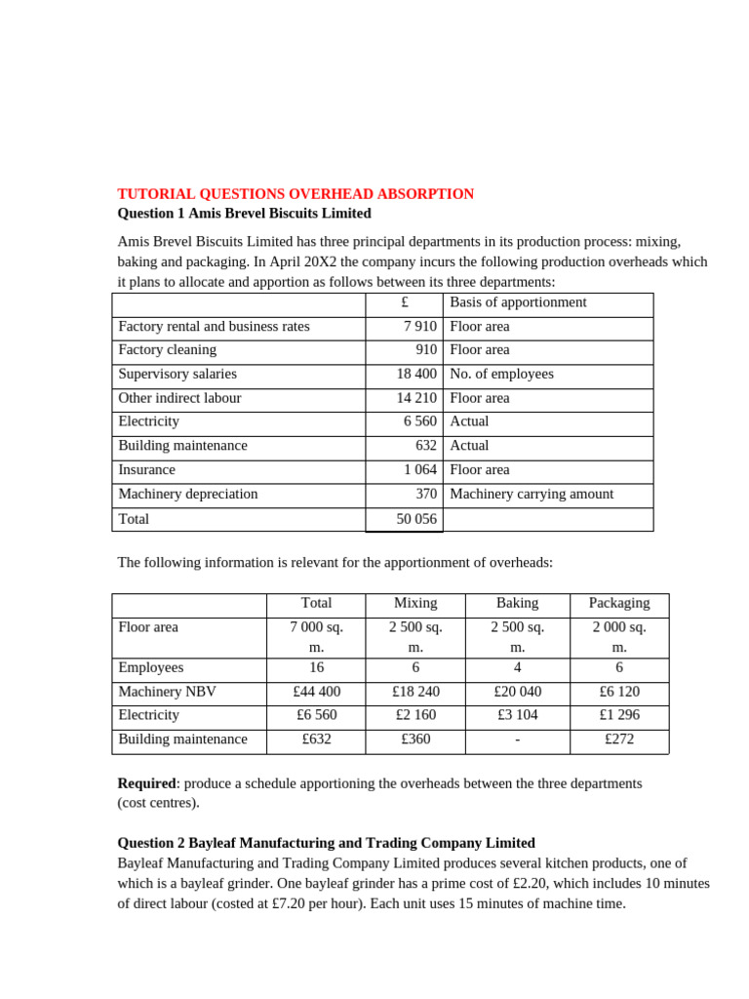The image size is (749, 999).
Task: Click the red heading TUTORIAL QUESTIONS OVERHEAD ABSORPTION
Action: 296,194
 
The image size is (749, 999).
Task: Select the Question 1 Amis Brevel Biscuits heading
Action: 244,213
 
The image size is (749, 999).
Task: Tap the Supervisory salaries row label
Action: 177,374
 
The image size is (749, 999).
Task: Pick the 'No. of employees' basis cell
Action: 501,374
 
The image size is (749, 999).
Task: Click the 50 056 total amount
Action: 415,519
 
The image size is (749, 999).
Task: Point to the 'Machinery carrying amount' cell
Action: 532,494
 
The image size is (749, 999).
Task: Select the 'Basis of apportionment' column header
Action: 518,302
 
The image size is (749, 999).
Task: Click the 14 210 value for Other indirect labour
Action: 415,398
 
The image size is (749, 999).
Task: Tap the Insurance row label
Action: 147,469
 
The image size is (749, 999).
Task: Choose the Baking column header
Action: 517,603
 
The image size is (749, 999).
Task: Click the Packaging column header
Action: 619,603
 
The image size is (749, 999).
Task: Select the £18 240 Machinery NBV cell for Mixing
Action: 415,692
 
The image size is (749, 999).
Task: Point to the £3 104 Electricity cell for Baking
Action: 517,715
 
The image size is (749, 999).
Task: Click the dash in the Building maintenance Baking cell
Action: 517,739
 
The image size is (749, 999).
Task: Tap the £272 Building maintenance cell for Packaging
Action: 619,739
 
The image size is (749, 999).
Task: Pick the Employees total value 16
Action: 316,668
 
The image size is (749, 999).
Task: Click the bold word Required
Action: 145,783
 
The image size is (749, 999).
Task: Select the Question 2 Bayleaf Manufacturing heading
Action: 326,843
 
